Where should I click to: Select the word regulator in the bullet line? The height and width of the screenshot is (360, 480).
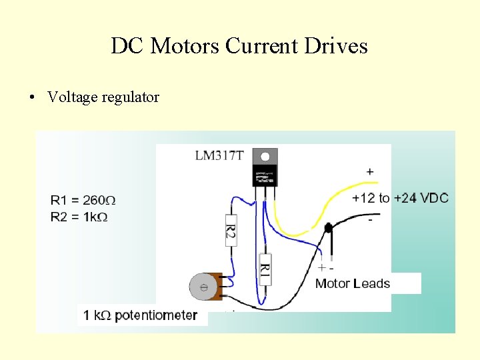pyautogui.click(x=131, y=97)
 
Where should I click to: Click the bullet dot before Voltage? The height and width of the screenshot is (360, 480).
pyautogui.click(x=31, y=97)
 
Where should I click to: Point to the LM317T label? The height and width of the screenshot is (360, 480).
pyautogui.click(x=219, y=156)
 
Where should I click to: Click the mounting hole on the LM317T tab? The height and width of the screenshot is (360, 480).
pyautogui.click(x=265, y=157)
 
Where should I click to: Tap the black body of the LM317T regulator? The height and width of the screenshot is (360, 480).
pyautogui.click(x=265, y=177)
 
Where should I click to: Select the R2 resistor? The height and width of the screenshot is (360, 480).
pyautogui.click(x=231, y=231)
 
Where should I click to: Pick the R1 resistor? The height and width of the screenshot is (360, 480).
pyautogui.click(x=265, y=269)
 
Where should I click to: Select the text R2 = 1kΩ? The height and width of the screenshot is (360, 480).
pyautogui.click(x=79, y=217)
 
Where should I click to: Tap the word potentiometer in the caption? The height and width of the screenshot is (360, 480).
pyautogui.click(x=156, y=315)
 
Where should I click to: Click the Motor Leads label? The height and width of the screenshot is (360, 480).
pyautogui.click(x=352, y=284)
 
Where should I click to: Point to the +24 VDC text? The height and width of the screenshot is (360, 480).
pyautogui.click(x=421, y=198)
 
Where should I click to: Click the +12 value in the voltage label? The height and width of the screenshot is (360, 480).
pyautogui.click(x=364, y=198)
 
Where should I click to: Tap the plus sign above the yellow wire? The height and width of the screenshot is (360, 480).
pyautogui.click(x=370, y=172)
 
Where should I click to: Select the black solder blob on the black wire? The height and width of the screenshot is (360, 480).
pyautogui.click(x=328, y=229)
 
